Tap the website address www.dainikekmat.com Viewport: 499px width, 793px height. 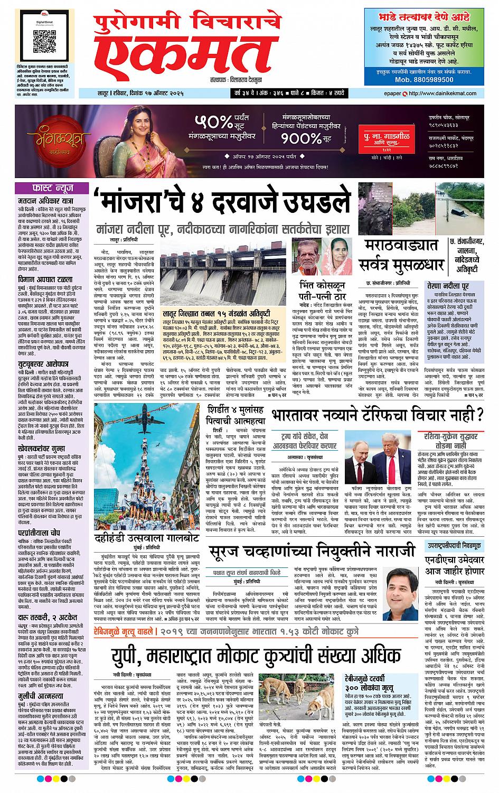pos(450,94)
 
